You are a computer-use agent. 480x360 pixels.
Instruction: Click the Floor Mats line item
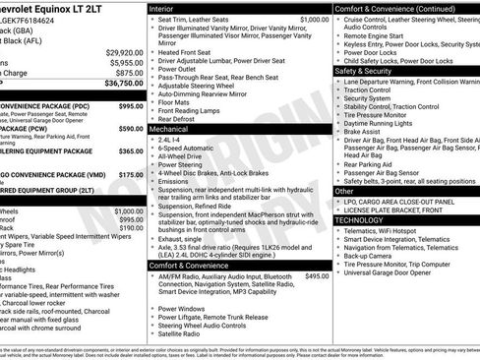[175, 101]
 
